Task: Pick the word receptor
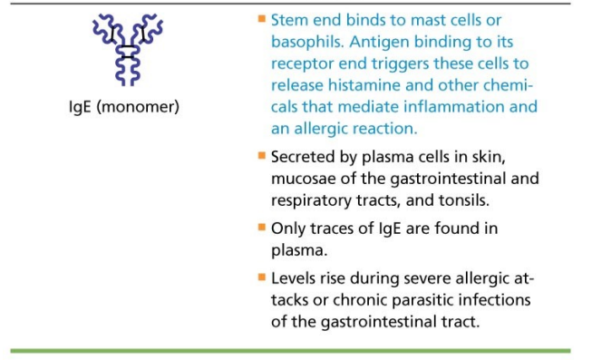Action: pyautogui.click(x=303, y=64)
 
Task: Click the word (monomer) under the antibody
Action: pyautogui.click(x=138, y=107)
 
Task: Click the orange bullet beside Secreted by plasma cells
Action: pyautogui.click(x=262, y=155)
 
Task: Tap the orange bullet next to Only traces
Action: pyautogui.click(x=262, y=227)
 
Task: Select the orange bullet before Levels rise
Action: pyautogui.click(x=262, y=277)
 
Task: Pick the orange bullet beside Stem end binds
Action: pyautogui.click(x=262, y=18)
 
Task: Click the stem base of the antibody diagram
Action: pyautogui.click(x=128, y=83)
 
